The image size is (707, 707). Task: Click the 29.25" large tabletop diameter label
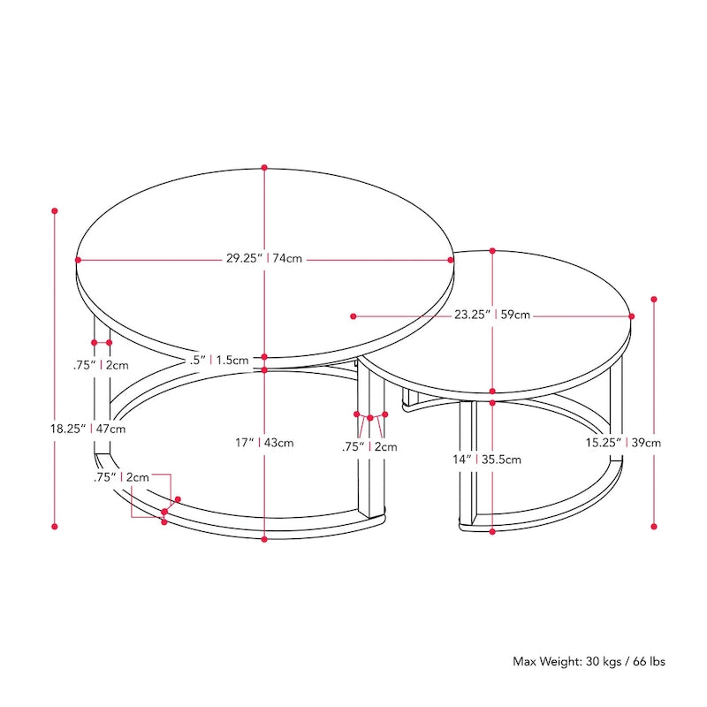click(242, 259)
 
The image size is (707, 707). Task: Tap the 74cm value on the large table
click(288, 259)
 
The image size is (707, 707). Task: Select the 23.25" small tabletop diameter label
click(472, 315)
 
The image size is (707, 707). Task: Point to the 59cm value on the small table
click(515, 315)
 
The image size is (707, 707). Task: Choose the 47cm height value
click(111, 428)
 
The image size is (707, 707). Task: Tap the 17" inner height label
click(245, 443)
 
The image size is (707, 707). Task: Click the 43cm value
click(278, 443)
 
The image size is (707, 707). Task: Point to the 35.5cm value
click(501, 459)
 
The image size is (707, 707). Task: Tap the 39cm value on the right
click(646, 443)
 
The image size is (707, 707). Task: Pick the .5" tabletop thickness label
click(197, 360)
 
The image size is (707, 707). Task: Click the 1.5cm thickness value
click(232, 360)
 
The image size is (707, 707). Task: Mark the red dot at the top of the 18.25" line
click(55, 211)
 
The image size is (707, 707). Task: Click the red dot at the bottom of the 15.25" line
click(654, 526)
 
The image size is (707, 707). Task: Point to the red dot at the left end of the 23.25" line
click(353, 315)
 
